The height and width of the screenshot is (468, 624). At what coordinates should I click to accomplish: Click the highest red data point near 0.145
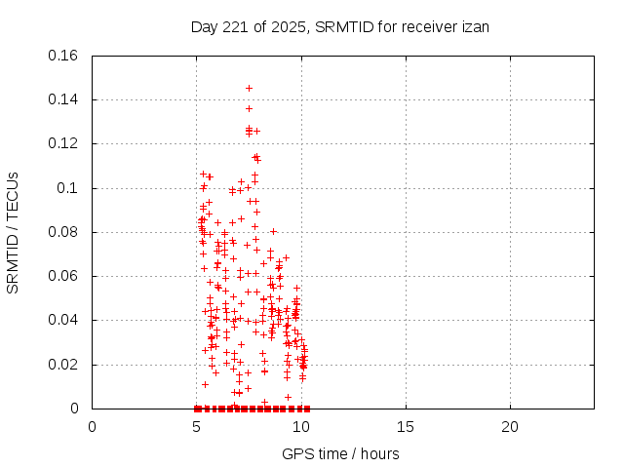coord(249,88)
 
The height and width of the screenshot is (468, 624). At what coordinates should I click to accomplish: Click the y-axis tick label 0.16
coord(63,55)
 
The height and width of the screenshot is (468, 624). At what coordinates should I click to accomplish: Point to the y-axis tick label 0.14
coord(63,99)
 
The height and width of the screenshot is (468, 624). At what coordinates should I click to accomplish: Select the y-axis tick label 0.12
coord(63,143)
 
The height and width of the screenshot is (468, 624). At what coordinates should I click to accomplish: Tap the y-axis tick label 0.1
coord(67,188)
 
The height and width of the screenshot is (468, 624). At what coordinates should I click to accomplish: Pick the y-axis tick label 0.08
coord(63,232)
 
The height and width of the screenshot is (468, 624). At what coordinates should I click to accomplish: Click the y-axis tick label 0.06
coord(63,276)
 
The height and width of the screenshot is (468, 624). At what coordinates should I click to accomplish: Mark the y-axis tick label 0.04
coord(63,320)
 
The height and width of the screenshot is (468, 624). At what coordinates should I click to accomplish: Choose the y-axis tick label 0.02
coord(63,365)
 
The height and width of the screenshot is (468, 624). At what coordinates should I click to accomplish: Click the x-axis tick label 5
coord(197,426)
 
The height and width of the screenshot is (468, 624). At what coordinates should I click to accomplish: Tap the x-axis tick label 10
coord(301,426)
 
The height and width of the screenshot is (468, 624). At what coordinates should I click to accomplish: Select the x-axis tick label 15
coord(406,426)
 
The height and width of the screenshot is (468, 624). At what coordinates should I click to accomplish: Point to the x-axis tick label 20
coord(510,426)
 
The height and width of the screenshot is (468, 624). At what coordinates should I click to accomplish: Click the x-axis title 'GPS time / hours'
coord(341,453)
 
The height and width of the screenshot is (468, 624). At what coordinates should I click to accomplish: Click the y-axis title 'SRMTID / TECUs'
coord(13,232)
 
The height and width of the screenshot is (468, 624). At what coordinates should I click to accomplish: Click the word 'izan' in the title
coord(474,26)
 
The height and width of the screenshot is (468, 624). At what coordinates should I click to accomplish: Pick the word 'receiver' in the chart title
coord(428,26)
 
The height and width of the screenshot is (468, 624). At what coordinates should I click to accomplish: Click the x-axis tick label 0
coord(93,426)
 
